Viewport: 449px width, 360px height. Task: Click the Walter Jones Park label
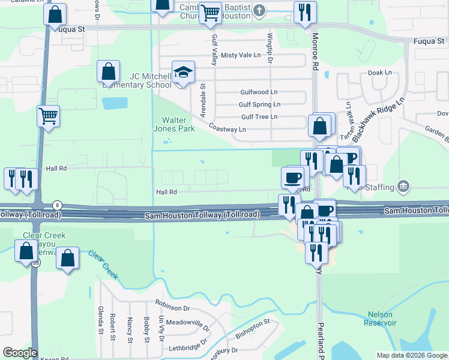178,124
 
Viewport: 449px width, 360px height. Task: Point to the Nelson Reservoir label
380,319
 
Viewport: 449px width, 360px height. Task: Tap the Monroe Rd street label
315,49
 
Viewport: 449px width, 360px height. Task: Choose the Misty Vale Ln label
241,55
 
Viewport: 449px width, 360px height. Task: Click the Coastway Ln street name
228,128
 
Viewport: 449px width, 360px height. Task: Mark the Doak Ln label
379,72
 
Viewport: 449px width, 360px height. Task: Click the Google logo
20,353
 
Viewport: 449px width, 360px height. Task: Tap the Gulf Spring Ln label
259,104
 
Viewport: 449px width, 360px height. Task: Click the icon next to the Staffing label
403,187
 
